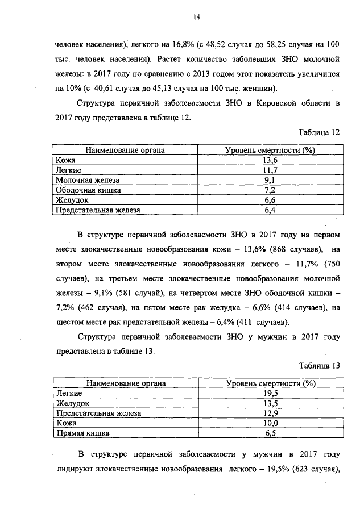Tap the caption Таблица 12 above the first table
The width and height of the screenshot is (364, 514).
319,132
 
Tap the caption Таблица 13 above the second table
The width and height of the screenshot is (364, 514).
319,366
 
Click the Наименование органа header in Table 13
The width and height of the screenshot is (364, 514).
126,383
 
